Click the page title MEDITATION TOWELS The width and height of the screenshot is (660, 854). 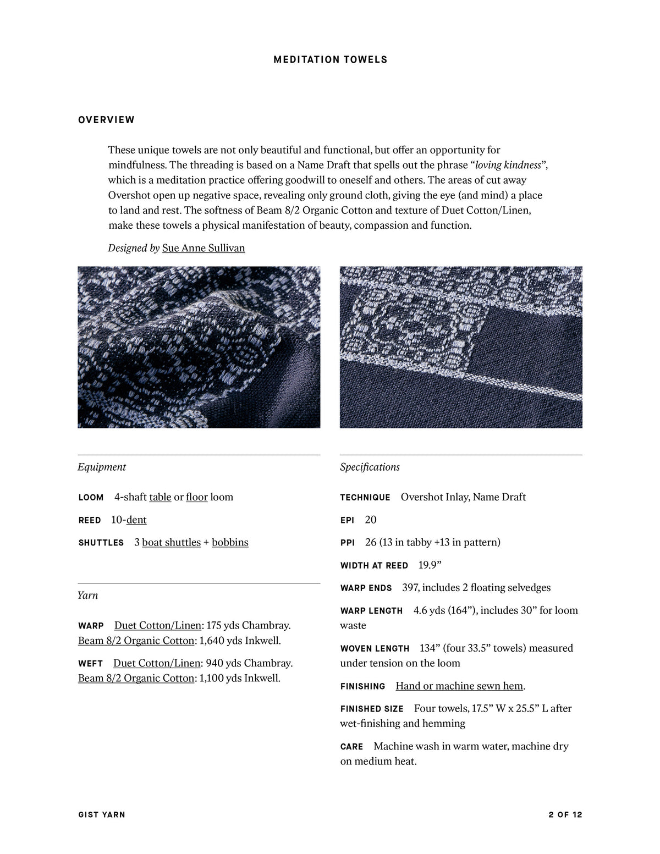pyautogui.click(x=330, y=59)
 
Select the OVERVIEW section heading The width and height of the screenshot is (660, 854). pyautogui.click(x=106, y=120)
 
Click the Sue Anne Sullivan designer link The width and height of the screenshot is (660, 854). pyautogui.click(x=204, y=248)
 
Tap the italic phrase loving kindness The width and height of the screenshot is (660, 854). pyautogui.click(x=508, y=165)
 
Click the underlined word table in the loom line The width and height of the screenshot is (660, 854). pyautogui.click(x=160, y=497)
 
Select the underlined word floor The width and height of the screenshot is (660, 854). pyautogui.click(x=197, y=497)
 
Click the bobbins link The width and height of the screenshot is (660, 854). pyautogui.click(x=230, y=542)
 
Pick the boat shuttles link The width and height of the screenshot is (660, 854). pyautogui.click(x=171, y=542)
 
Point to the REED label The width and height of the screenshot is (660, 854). pyautogui.click(x=90, y=520)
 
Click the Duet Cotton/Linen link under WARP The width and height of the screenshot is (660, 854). pyautogui.click(x=158, y=625)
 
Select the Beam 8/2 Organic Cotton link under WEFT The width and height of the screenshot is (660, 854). pyautogui.click(x=136, y=678)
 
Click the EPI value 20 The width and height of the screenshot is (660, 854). pyautogui.click(x=371, y=520)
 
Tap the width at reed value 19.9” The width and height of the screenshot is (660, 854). pyautogui.click(x=430, y=565)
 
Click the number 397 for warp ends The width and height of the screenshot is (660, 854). pyautogui.click(x=410, y=587)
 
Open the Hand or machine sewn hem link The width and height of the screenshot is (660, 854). pyautogui.click(x=459, y=686)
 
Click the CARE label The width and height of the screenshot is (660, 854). pyautogui.click(x=351, y=747)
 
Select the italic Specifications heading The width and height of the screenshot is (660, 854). pyautogui.click(x=370, y=467)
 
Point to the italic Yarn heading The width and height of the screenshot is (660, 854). pyautogui.click(x=88, y=595)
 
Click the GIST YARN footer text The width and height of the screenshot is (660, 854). pyautogui.click(x=102, y=814)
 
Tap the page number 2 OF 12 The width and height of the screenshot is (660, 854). pyautogui.click(x=565, y=814)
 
